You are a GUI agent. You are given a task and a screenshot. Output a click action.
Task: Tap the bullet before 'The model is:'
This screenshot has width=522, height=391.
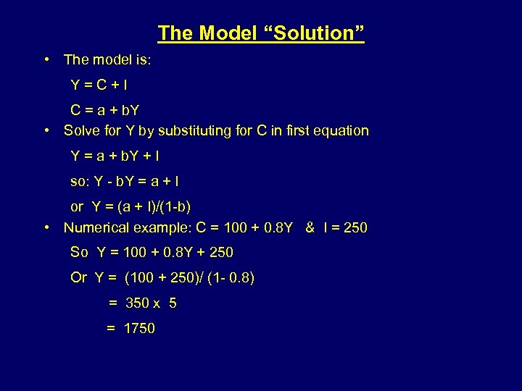tap(46, 59)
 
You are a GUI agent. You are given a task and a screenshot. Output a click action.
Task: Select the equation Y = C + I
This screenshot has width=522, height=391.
tap(99, 85)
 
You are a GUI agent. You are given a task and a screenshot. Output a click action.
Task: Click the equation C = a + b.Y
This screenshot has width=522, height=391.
tap(105, 111)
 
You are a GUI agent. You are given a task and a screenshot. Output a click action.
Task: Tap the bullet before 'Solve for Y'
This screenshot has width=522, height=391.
tap(46, 131)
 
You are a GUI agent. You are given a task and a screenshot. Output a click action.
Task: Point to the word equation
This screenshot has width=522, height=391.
tap(339, 131)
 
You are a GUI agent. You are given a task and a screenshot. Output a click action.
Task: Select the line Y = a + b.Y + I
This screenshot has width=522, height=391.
tap(115, 156)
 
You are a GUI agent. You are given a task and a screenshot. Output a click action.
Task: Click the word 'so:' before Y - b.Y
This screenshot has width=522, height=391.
tap(80, 181)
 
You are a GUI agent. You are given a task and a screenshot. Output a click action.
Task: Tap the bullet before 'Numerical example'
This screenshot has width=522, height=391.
tap(46, 227)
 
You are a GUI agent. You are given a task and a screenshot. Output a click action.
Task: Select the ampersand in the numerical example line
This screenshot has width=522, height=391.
tap(310, 227)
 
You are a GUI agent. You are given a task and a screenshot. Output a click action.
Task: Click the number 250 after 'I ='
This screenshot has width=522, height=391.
tap(355, 227)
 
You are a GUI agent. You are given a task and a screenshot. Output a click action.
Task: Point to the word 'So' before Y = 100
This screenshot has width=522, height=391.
tap(79, 252)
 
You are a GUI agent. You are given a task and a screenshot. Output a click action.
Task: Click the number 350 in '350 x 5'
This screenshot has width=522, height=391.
tap(137, 303)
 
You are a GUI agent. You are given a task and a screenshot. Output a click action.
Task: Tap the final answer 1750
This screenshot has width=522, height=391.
tap(139, 328)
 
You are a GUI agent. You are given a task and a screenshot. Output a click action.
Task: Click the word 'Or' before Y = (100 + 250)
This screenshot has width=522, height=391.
tap(79, 277)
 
